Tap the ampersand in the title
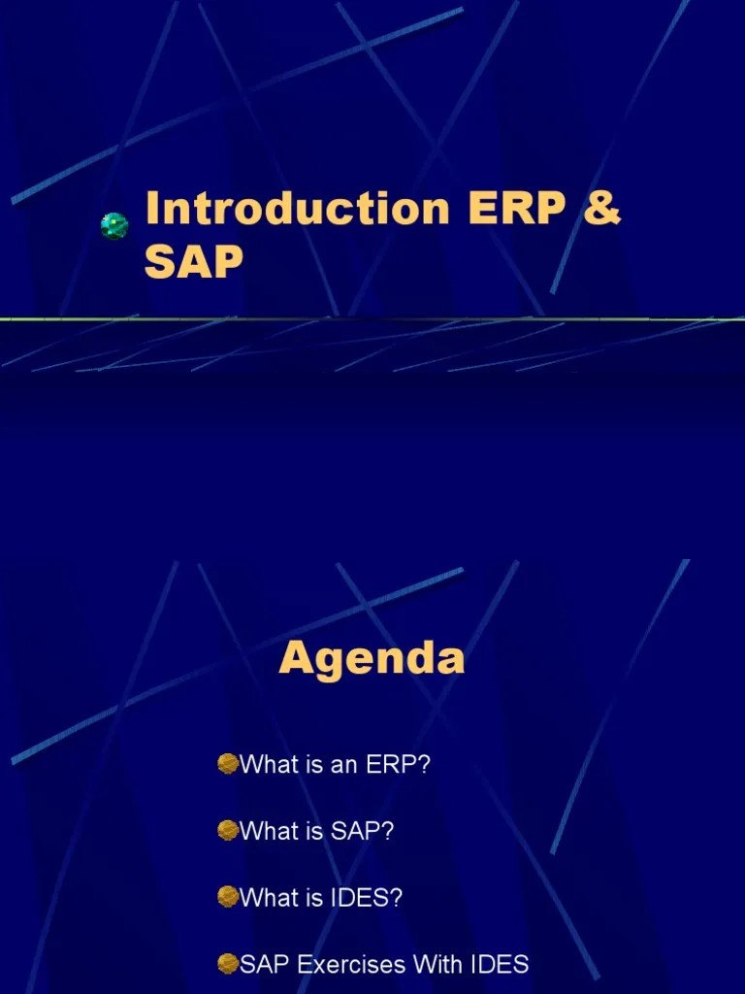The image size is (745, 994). pos(601,211)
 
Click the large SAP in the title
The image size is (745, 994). pos(194,261)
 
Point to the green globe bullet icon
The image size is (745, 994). pos(114,226)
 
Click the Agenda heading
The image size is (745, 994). pos(372,659)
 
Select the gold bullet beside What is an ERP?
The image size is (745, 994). pos(228,765)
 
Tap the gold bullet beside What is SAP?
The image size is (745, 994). pos(228,831)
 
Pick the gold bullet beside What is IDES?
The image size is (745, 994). pos(228,898)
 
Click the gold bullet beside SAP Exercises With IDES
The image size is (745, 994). pos(228,964)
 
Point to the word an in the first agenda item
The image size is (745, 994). pos(344,765)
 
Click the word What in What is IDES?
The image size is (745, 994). pos(269,898)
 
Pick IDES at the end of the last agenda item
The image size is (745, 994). pos(500,964)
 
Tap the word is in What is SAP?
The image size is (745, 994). pos(312,831)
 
